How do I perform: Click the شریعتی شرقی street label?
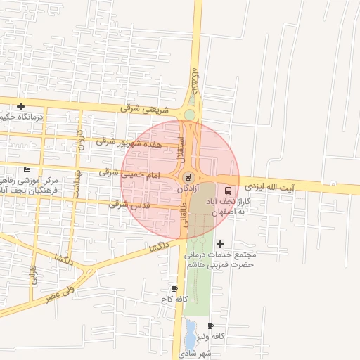(146, 109)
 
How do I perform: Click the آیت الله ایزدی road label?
(281, 188)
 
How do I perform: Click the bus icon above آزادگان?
(187, 176)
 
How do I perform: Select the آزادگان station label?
(187, 188)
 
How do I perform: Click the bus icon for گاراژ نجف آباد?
(227, 190)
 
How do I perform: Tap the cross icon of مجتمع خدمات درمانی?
(220, 244)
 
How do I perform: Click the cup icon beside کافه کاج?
(174, 288)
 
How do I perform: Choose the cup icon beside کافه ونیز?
(210, 326)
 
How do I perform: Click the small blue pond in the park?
(191, 330)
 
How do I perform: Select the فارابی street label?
(32, 274)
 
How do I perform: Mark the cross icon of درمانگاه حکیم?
(21, 106)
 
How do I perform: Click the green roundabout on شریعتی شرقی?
(190, 115)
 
